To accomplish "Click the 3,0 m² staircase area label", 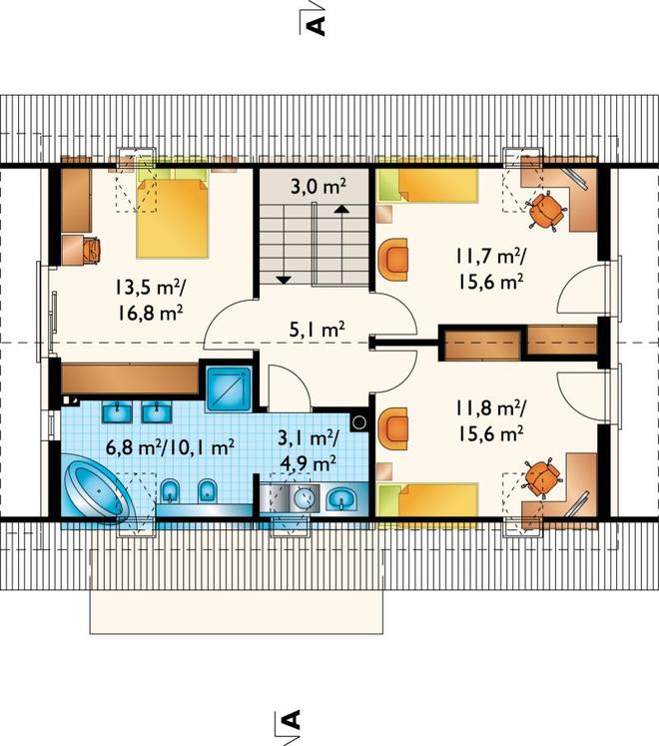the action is click(318, 187).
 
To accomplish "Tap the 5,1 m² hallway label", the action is click(318, 330).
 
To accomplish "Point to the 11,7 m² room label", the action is click(491, 270).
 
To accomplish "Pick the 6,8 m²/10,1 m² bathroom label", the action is click(171, 447).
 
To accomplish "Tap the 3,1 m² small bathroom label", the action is click(309, 449).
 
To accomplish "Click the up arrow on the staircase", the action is click(341, 209).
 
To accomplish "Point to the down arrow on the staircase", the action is click(284, 280).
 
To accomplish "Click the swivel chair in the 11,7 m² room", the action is click(546, 211).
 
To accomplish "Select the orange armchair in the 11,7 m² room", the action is click(393, 260).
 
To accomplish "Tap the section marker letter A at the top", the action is click(319, 26).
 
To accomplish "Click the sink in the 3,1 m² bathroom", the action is click(341, 499).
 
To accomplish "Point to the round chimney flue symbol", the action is click(359, 422).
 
